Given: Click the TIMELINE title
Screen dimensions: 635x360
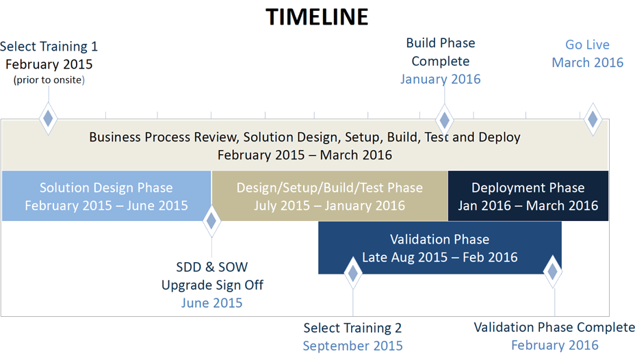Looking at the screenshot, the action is click(317, 17).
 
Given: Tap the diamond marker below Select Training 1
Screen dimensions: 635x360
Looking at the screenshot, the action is click(48, 118).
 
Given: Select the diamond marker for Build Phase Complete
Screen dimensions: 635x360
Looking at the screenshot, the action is click(444, 120).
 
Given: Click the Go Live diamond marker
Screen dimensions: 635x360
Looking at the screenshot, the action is click(593, 119).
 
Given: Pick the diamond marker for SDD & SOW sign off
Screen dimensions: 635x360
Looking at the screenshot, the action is click(211, 221).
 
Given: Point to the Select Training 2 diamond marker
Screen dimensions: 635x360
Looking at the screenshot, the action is click(352, 273).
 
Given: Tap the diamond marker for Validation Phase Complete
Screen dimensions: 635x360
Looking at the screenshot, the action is click(553, 272).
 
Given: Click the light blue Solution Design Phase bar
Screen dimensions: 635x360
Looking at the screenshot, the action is click(107, 196).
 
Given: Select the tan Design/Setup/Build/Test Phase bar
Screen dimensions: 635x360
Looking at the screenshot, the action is click(330, 196).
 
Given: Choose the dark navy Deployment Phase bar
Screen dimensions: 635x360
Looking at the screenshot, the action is click(528, 196).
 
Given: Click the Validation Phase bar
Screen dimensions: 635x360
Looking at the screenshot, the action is click(440, 248).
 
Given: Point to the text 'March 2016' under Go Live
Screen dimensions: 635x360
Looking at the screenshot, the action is click(588, 62).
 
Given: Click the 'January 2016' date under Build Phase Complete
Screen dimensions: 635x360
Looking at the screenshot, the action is click(441, 79).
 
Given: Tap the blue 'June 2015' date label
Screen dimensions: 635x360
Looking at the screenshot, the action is click(212, 303).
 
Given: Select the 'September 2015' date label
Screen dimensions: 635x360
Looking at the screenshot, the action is click(352, 346).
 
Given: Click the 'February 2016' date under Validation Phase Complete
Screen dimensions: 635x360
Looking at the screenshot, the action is click(555, 345).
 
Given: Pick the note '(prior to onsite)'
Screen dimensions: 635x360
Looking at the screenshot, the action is click(49, 80).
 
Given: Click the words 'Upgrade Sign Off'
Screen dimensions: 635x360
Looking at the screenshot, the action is click(212, 285).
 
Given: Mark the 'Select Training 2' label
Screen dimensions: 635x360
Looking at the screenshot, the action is click(352, 328).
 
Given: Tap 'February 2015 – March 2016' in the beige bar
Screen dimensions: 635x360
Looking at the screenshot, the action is click(305, 155).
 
